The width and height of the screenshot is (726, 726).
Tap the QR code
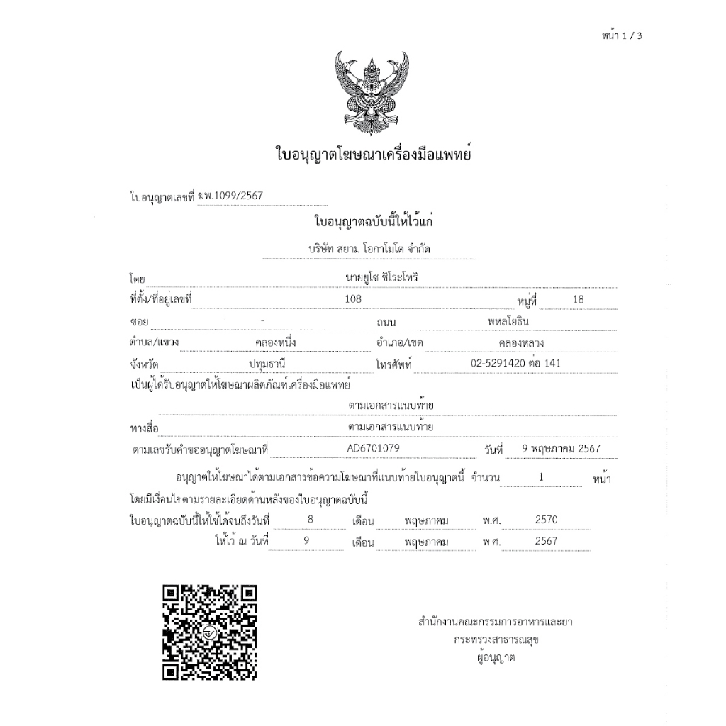(x=210, y=632)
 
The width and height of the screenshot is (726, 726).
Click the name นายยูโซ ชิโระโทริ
(x=381, y=277)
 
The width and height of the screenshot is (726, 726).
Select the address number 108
(x=353, y=299)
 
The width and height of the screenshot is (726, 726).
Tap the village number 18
(x=579, y=299)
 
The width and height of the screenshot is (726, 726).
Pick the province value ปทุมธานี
(x=266, y=364)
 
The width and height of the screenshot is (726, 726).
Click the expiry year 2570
(x=547, y=520)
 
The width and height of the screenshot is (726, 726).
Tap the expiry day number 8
(x=310, y=520)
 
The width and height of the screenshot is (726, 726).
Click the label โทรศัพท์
(x=394, y=365)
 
